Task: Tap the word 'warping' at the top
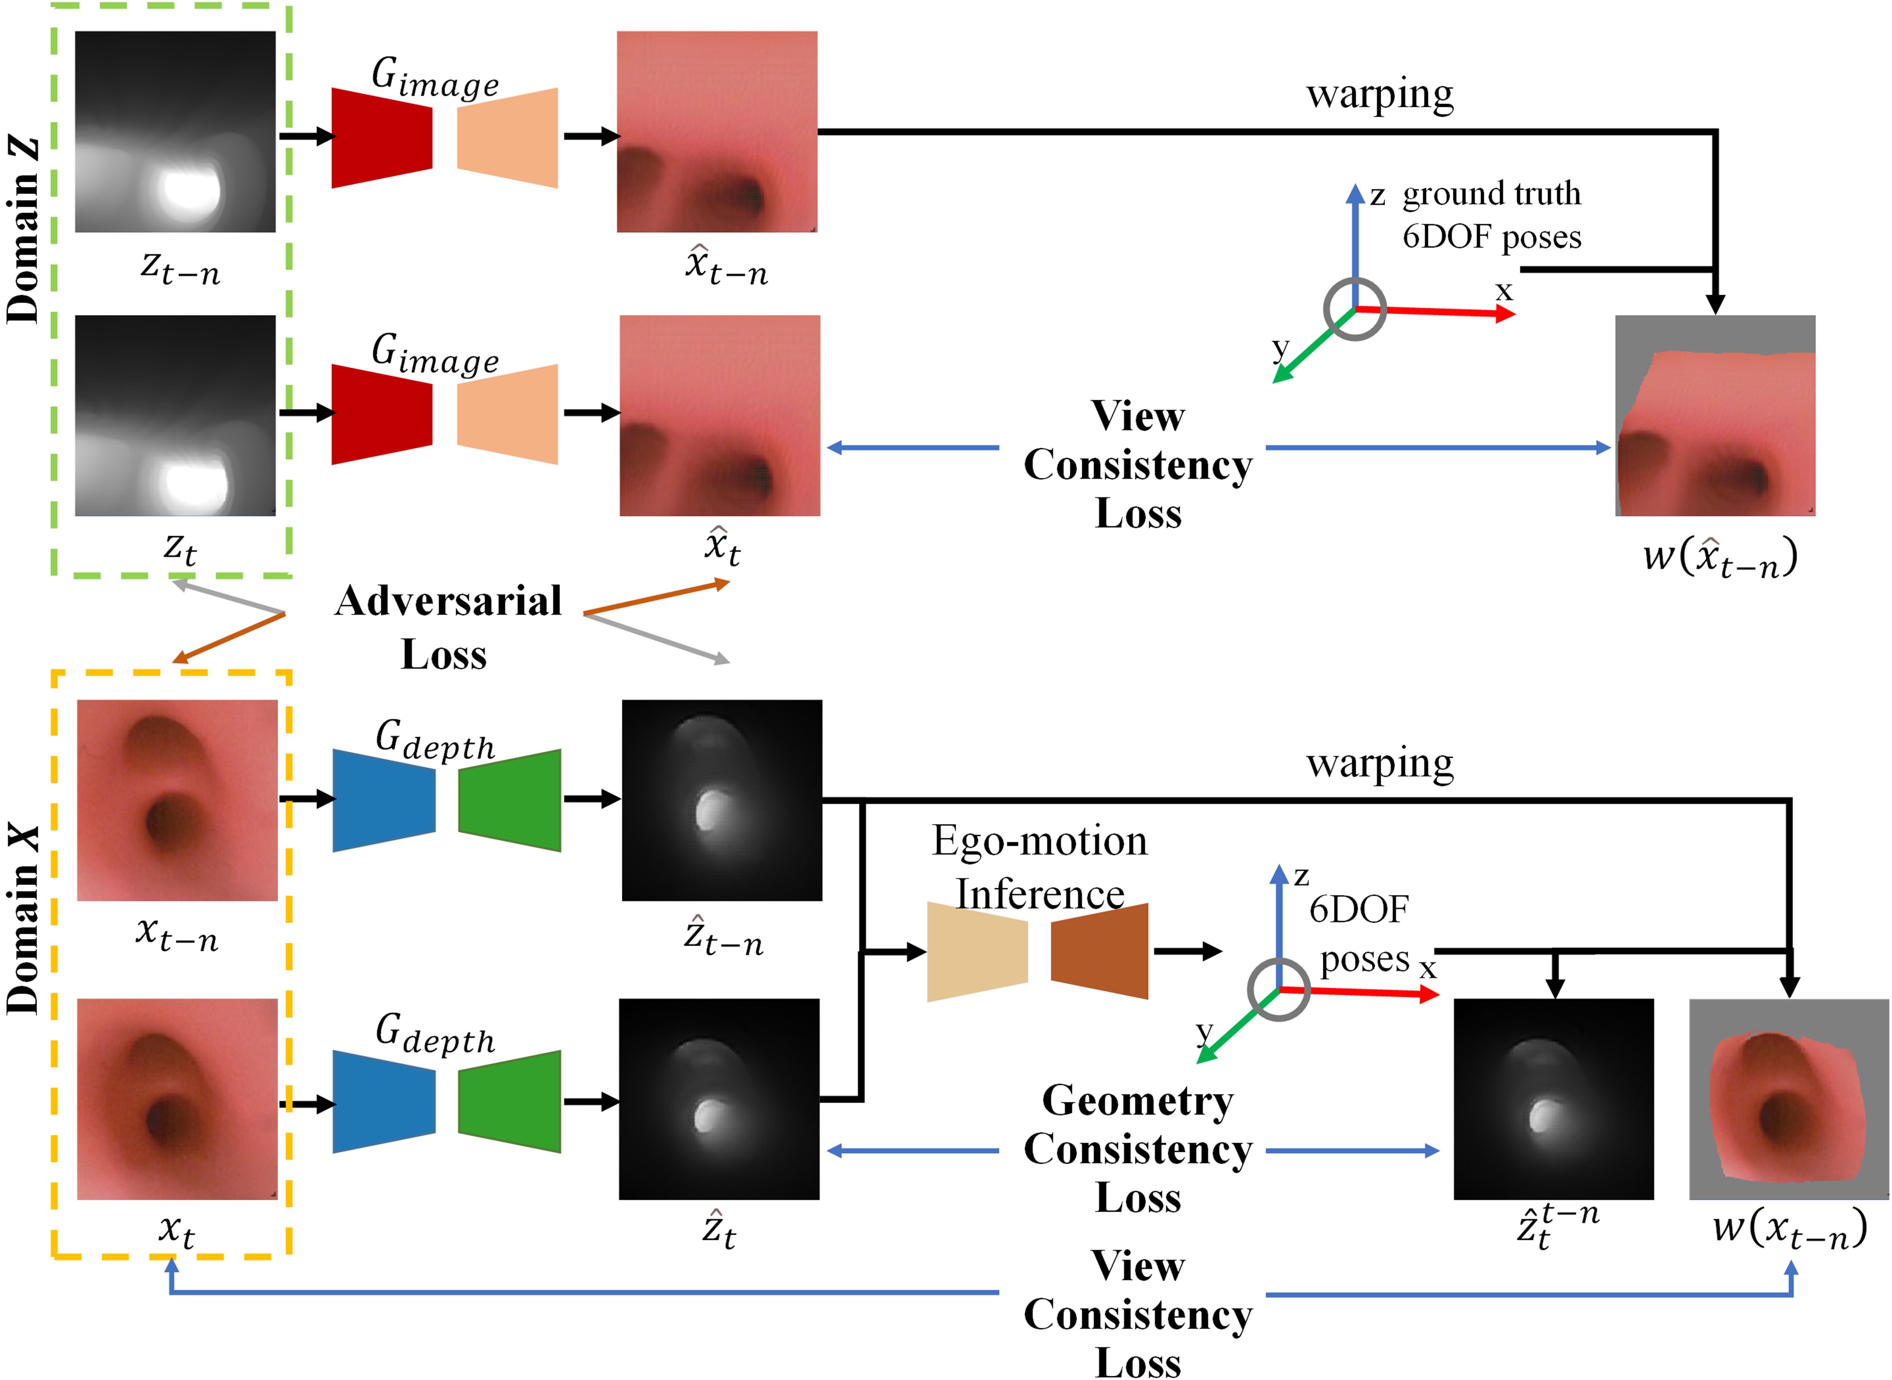(x=1379, y=94)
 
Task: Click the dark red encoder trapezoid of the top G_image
(x=382, y=138)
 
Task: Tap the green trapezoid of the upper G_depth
(x=509, y=800)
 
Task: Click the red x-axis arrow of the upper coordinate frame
(x=1437, y=312)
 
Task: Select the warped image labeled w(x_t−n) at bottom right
(x=1788, y=1099)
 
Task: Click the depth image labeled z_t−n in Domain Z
(x=175, y=132)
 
